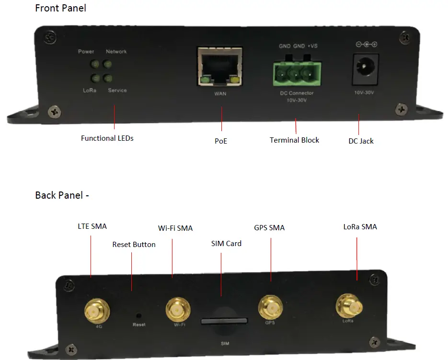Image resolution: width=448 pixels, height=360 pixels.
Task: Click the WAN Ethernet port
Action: point(220,67)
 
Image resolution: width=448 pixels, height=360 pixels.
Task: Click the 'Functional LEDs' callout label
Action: point(107,138)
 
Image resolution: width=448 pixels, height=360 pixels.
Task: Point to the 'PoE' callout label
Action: point(221,141)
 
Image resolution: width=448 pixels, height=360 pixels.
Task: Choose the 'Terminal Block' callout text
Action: point(294,140)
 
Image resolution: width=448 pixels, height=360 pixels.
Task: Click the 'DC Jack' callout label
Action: point(361,141)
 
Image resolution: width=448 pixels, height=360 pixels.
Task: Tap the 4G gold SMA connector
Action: point(95,311)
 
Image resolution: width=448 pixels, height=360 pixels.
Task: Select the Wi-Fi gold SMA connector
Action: point(178,310)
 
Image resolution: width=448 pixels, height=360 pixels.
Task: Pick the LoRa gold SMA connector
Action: point(349,306)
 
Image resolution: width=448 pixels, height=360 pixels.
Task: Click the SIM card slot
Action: point(225,320)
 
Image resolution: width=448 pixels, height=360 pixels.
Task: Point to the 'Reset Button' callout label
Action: point(134,245)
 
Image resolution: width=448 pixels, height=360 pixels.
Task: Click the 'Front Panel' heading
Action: point(60,8)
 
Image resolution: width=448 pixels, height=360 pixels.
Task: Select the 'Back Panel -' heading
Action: point(62,195)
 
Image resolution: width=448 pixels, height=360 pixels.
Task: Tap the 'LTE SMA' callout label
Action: point(92,226)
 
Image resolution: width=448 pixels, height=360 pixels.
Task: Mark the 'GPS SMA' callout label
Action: point(269,228)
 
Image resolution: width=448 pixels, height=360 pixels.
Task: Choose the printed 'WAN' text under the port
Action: point(220,94)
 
